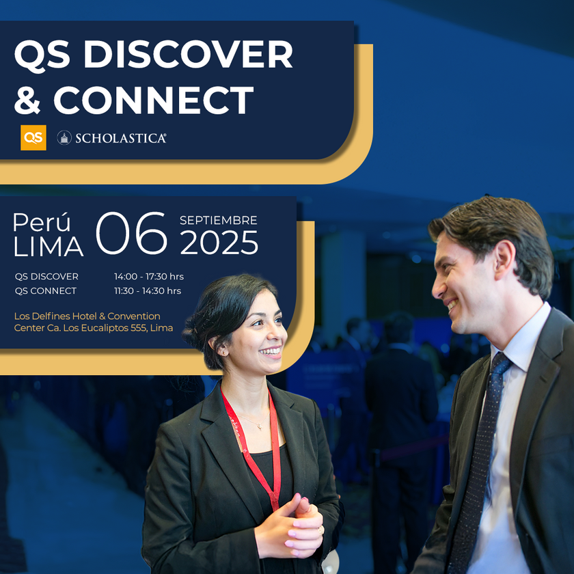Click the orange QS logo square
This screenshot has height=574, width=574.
tap(33, 137)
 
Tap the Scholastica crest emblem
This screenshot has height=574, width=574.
tap(64, 137)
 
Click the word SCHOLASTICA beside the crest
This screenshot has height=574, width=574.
tap(121, 138)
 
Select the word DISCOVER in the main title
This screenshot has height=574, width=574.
tap(188, 54)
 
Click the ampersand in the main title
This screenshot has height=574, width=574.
tap(27, 100)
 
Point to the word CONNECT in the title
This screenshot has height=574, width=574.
tap(154, 100)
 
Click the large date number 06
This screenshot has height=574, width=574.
tap(131, 233)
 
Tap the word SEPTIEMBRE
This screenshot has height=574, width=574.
tap(219, 220)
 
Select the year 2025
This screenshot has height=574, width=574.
tap(219, 243)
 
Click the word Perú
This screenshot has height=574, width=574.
tap(42, 222)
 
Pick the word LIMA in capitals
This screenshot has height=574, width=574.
tap(49, 247)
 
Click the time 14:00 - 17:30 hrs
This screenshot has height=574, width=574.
tap(149, 276)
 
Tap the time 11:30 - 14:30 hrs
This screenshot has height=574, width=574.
tap(148, 290)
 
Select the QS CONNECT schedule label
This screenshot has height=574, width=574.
tap(46, 290)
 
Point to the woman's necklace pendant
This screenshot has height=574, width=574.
tap(259, 426)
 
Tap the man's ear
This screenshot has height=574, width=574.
tap(504, 259)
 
